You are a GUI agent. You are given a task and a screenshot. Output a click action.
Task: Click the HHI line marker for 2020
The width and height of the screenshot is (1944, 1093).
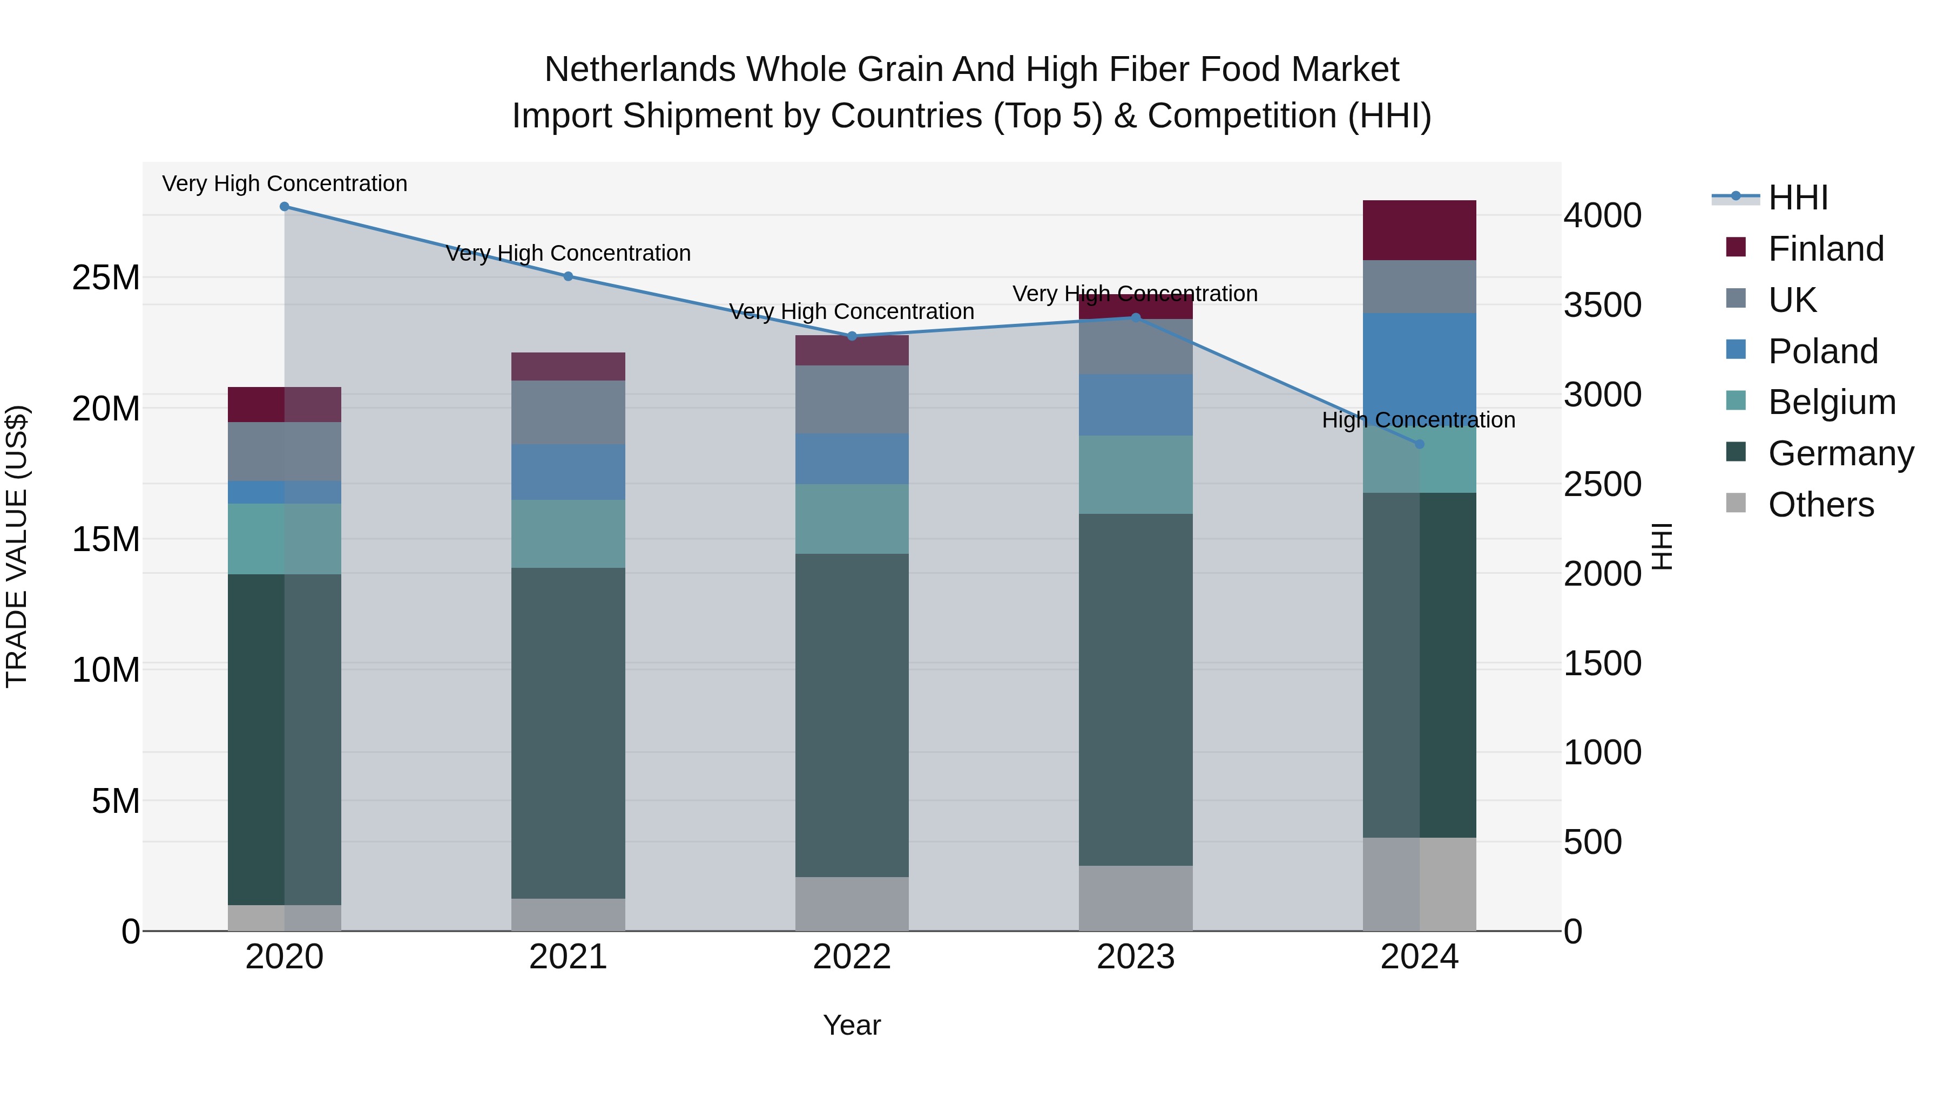(285, 207)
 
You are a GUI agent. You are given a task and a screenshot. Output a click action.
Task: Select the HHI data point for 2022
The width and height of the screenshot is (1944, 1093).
(852, 336)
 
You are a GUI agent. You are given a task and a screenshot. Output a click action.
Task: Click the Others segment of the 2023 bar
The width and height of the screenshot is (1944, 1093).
(1135, 898)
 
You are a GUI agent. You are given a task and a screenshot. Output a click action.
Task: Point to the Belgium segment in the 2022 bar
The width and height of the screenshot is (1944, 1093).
(852, 519)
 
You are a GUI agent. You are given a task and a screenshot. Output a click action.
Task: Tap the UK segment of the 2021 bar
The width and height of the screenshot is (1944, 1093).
(568, 412)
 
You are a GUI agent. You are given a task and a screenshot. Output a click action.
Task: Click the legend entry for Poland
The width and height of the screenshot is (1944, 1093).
(1823, 351)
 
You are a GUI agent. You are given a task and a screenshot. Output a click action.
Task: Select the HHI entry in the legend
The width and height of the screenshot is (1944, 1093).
(1798, 198)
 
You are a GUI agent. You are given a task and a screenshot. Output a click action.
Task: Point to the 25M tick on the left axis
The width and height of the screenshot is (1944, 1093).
(106, 277)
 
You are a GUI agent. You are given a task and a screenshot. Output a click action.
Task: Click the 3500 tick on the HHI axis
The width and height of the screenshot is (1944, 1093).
(1602, 306)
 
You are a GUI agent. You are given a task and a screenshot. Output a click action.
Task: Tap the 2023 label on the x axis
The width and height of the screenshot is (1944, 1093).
(1135, 957)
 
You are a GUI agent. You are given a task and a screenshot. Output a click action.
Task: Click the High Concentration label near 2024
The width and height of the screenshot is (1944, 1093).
(1418, 420)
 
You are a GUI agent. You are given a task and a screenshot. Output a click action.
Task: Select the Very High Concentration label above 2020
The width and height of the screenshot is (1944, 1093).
(285, 184)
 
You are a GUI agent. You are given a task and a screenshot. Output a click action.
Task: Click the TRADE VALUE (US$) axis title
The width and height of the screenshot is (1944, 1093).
(17, 546)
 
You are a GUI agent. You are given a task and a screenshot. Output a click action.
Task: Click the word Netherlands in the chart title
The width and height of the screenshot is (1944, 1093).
(640, 70)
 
